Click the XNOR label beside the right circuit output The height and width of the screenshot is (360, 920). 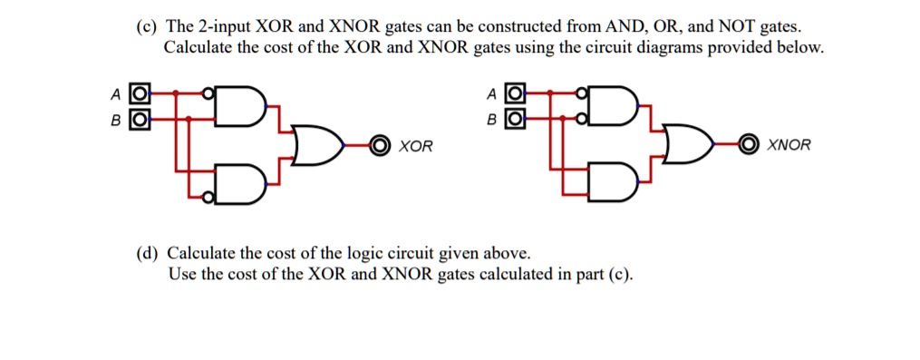789,145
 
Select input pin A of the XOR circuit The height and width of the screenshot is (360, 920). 138,92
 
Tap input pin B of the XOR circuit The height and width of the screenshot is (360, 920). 138,118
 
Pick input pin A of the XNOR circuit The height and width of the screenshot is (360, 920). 514,92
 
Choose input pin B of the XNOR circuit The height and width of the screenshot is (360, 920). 514,118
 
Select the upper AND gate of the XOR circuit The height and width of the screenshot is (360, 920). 241,105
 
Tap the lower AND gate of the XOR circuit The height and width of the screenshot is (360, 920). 241,184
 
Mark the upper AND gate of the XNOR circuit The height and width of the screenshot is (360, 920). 615,105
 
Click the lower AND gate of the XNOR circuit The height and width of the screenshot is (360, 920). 615,184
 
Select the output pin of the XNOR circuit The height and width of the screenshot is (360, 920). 751,145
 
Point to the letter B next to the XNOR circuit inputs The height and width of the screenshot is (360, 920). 491,119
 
